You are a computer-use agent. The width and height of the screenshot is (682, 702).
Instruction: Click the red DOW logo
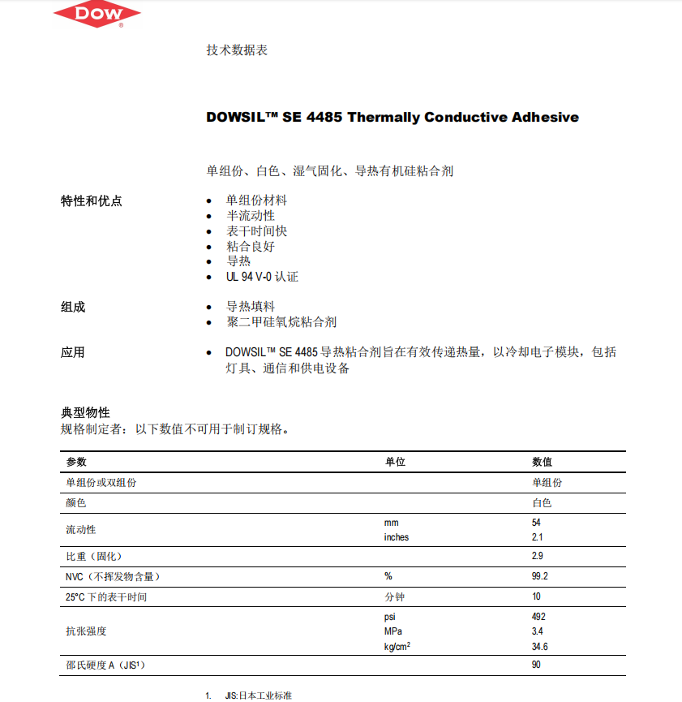(97, 14)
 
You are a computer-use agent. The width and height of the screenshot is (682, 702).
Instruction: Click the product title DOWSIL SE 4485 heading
(392, 117)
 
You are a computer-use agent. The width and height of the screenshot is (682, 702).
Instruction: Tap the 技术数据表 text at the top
(237, 50)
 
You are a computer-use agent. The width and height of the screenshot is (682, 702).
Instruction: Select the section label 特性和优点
(92, 200)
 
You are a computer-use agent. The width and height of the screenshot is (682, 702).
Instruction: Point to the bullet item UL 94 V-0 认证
(262, 277)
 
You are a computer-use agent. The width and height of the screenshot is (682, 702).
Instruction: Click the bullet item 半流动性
(251, 216)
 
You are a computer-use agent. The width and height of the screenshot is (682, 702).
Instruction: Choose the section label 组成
(73, 307)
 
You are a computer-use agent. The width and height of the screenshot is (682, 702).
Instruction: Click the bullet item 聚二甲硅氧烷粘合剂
(281, 322)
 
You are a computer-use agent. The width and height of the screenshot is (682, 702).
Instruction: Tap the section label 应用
(73, 352)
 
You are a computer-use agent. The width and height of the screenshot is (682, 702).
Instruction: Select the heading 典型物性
(85, 413)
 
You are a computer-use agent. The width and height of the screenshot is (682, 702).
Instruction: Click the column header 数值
(542, 462)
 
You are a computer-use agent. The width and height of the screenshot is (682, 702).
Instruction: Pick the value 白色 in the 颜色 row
(542, 503)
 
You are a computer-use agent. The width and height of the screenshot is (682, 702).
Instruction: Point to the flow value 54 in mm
(536, 523)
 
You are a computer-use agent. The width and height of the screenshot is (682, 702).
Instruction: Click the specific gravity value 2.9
(537, 556)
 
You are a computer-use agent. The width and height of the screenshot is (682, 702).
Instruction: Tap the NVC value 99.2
(539, 576)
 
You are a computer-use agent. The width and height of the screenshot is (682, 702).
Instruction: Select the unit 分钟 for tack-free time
(394, 597)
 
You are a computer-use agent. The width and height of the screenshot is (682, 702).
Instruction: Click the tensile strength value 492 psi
(538, 617)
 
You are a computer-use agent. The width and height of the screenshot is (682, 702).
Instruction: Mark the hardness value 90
(536, 665)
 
